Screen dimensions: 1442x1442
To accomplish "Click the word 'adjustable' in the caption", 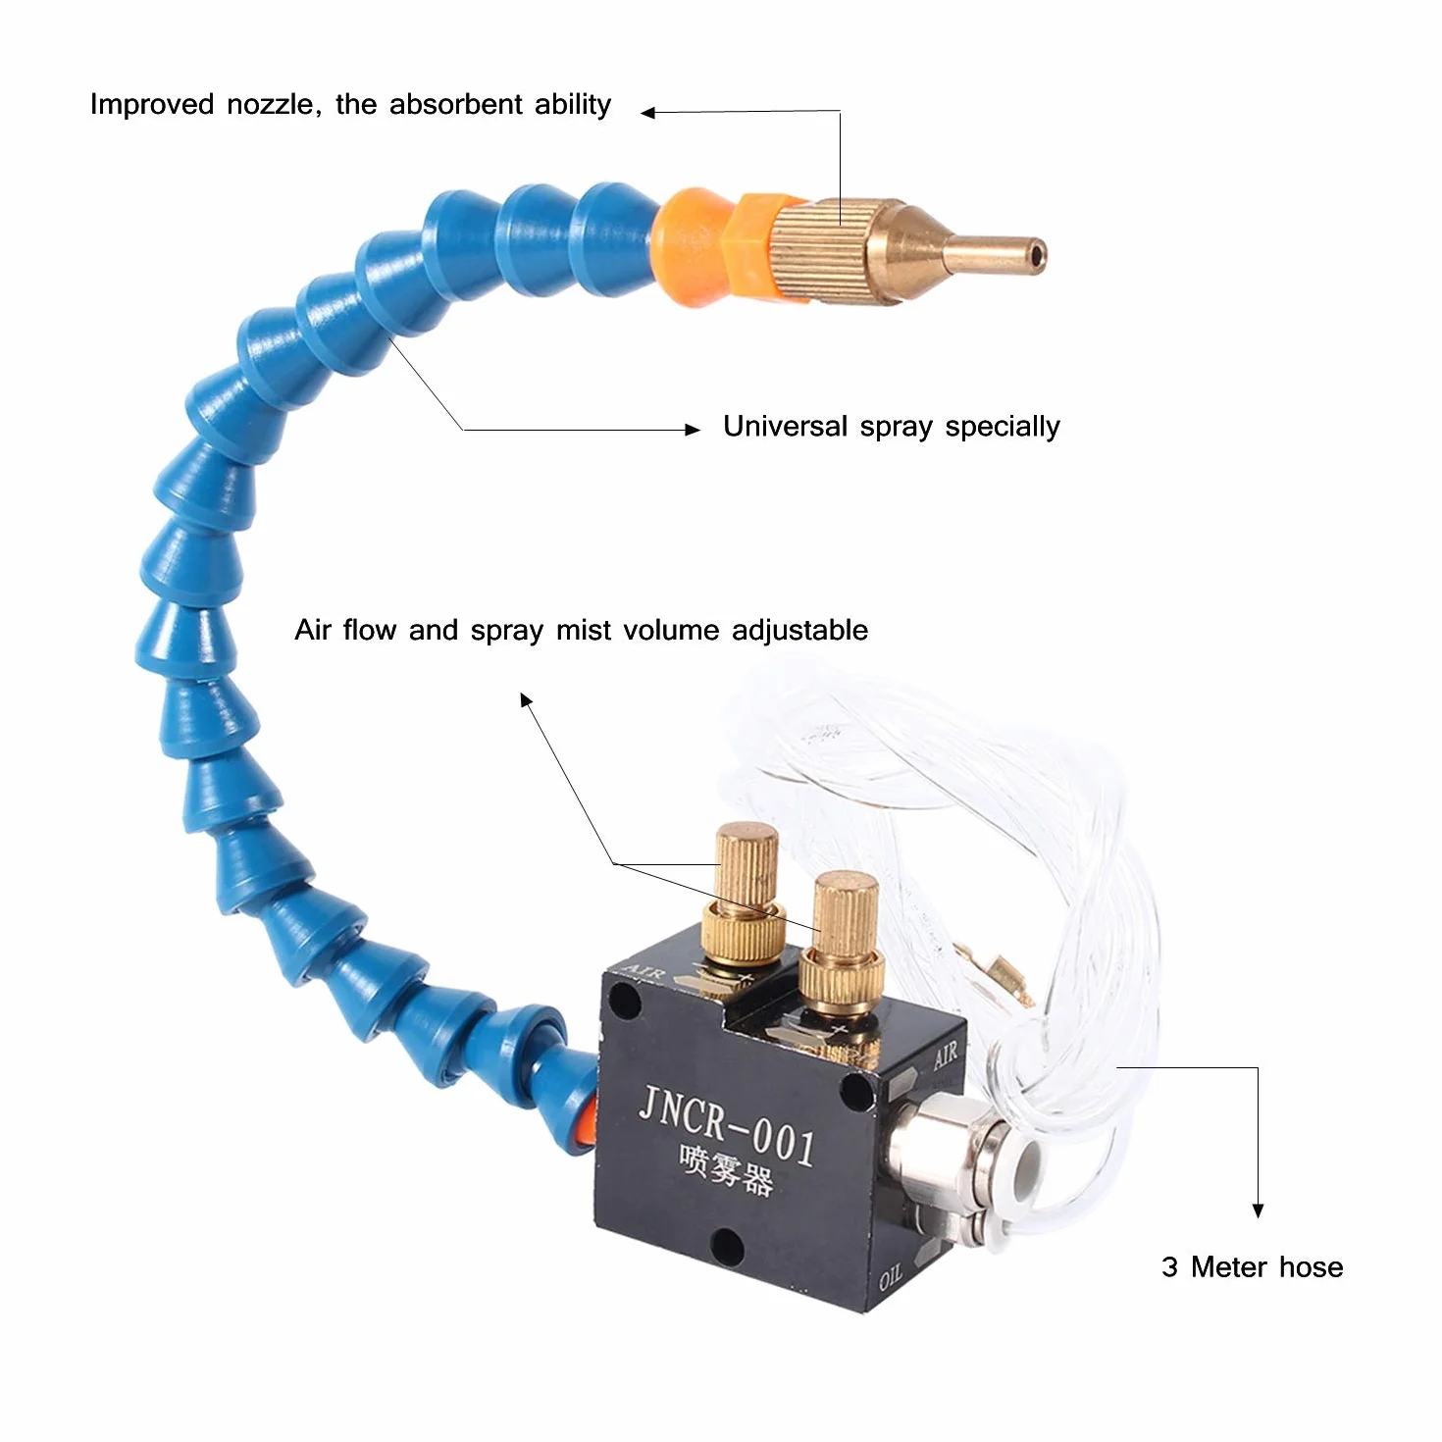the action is pyautogui.click(x=799, y=630).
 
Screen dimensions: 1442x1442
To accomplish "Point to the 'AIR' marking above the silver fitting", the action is pyautogui.click(x=945, y=1056).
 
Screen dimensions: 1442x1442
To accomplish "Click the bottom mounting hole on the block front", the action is pyautogui.click(x=726, y=1245).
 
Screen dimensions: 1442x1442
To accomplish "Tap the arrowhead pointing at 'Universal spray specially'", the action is pyautogui.click(x=693, y=430).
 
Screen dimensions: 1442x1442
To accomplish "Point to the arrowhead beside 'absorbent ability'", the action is pyautogui.click(x=648, y=113).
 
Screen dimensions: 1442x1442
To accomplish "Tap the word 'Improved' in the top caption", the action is pyautogui.click(x=152, y=104).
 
